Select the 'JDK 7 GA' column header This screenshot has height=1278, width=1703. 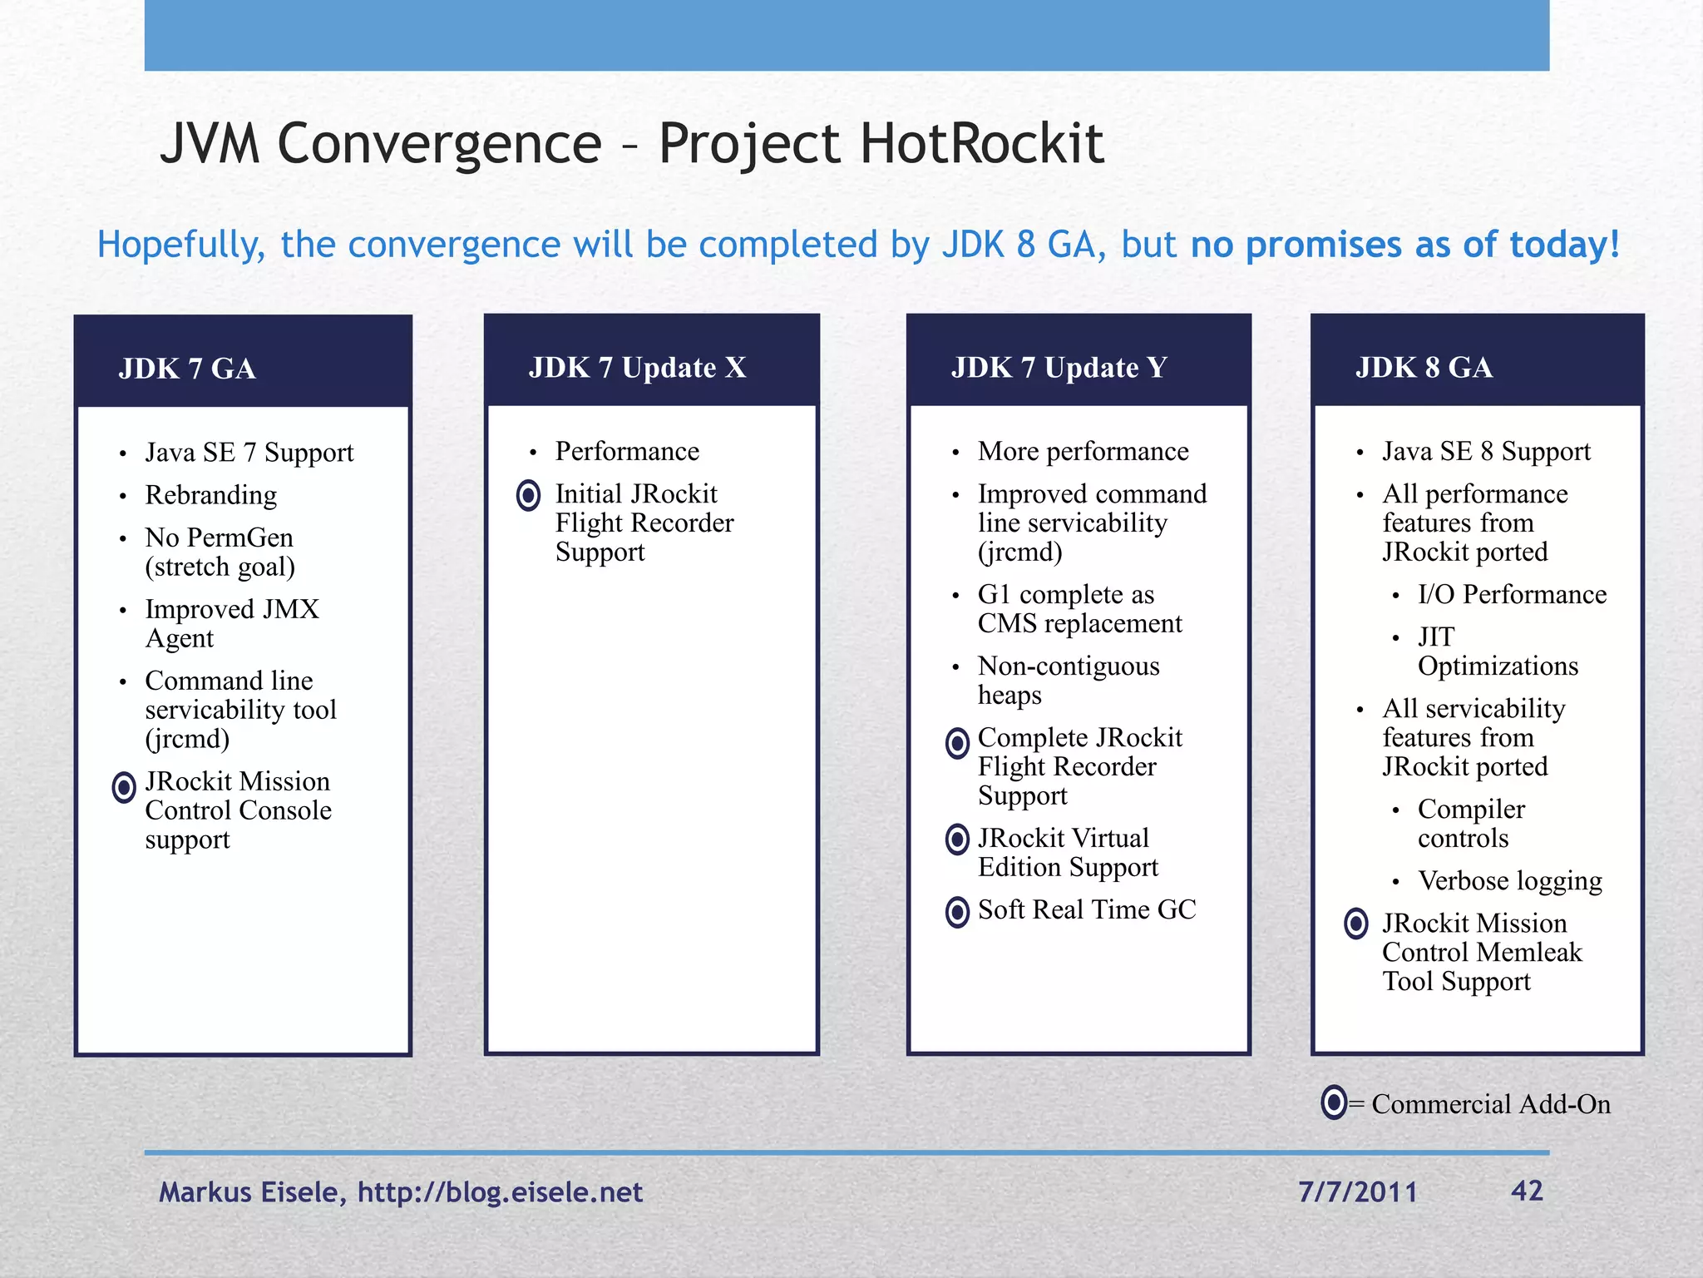(x=187, y=369)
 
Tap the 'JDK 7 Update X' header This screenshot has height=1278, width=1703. (x=637, y=368)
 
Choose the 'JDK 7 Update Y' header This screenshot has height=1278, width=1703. (x=1059, y=368)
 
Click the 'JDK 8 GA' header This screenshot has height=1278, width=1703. (x=1423, y=368)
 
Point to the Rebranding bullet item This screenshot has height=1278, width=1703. (x=210, y=495)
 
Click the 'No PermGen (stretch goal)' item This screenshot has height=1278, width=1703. (x=220, y=552)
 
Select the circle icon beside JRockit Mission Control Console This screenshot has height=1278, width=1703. (x=124, y=786)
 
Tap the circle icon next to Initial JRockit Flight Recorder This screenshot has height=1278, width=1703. (x=528, y=495)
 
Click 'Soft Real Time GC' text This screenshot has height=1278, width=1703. (x=1086, y=909)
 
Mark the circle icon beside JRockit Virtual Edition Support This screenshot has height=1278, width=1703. (x=957, y=840)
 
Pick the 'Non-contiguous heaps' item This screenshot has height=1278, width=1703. (x=1068, y=680)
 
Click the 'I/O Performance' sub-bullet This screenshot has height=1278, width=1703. (x=1511, y=594)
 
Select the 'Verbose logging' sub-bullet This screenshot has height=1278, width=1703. (x=1509, y=880)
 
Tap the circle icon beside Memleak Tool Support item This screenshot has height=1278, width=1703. (x=1355, y=924)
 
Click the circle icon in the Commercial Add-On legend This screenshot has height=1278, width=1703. (x=1333, y=1102)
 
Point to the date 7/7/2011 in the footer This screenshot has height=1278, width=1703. (x=1357, y=1191)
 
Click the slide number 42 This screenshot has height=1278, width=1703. (x=1526, y=1191)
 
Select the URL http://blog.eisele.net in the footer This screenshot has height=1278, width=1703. (x=500, y=1192)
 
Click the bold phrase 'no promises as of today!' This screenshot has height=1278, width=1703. (x=1404, y=245)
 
